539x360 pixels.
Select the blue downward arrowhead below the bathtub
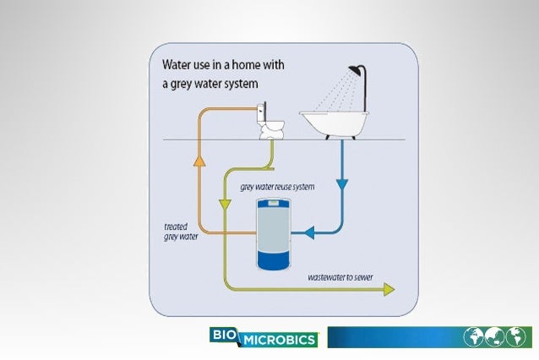click(342, 183)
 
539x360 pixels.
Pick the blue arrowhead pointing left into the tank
click(310, 231)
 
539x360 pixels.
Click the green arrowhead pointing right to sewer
click(388, 290)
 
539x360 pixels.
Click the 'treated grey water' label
click(181, 232)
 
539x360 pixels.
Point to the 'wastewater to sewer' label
click(340, 276)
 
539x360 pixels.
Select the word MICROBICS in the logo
click(280, 340)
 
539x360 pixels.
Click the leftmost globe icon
click(475, 337)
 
